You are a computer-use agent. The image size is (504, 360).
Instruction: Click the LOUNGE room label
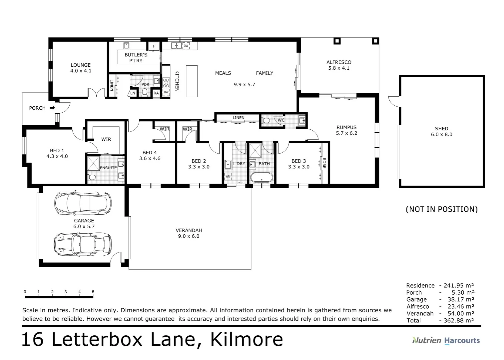click(x=81, y=65)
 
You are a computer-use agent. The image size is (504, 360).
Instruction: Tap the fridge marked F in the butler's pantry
click(x=154, y=46)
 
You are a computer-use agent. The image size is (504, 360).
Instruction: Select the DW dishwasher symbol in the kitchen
click(x=186, y=46)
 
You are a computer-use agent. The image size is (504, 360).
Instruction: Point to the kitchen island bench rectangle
click(x=192, y=81)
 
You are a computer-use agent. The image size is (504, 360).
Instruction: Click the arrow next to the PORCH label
click(x=52, y=108)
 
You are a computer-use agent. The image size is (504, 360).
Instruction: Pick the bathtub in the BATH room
click(x=262, y=177)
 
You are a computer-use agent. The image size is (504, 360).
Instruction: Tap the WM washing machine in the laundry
click(x=228, y=176)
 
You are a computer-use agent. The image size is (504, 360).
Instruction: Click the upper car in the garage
click(x=83, y=203)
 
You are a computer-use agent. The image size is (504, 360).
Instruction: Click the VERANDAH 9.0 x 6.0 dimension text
click(x=189, y=236)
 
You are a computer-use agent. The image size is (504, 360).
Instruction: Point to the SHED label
click(x=441, y=129)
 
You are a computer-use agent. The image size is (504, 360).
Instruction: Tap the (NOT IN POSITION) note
click(x=441, y=209)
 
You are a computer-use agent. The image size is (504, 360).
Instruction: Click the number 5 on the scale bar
click(x=93, y=292)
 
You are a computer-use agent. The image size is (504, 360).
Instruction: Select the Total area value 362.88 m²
click(x=459, y=320)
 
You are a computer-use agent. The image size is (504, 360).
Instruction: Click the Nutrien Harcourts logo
click(x=446, y=340)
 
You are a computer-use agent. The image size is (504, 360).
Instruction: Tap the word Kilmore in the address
click(x=247, y=340)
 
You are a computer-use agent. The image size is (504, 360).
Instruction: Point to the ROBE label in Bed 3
click(x=324, y=163)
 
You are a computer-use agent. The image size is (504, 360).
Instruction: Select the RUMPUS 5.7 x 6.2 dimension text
click(x=346, y=133)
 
